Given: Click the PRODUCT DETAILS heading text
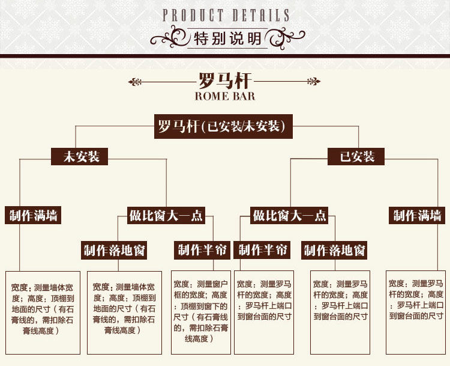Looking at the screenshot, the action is pos(226,15).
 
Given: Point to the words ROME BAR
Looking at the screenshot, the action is pos(225,96).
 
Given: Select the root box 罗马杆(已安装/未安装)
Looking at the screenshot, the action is pos(224,127).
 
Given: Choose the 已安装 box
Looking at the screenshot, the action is pos(358,157).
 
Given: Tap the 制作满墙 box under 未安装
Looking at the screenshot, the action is pos(34,215).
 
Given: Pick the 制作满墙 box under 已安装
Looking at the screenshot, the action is pos(418,215).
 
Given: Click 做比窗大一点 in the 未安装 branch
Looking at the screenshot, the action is pos(166,215).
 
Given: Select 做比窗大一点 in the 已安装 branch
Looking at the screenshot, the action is pos(290,215).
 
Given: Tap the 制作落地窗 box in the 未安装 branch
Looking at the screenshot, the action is pos(115,250).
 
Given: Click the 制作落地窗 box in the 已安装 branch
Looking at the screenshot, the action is pos(335,250).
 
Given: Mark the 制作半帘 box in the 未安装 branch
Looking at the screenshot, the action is pos(202,249).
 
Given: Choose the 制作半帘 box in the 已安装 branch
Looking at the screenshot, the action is pos(263,249).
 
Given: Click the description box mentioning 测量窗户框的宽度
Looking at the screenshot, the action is pos(201,311).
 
